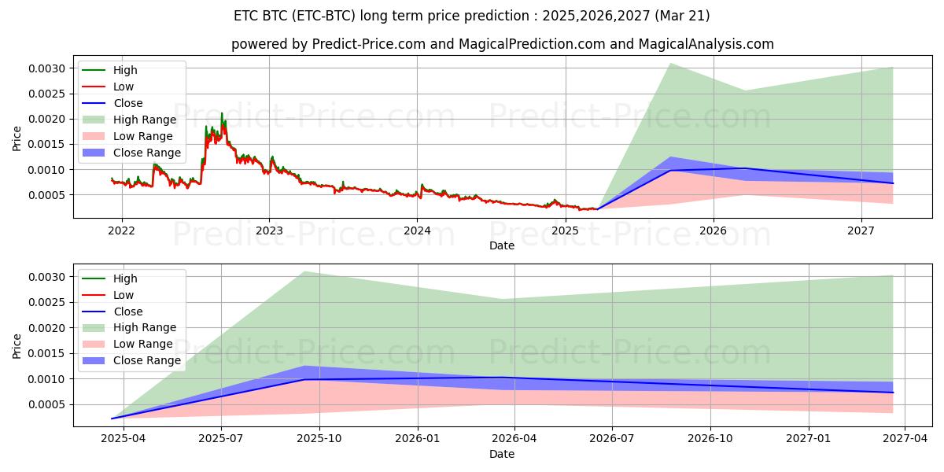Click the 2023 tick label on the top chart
(x=269, y=230)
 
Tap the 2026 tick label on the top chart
(x=713, y=230)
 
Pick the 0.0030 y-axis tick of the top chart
(x=48, y=69)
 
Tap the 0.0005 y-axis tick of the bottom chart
(x=48, y=405)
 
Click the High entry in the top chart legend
(x=125, y=70)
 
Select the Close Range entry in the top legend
(x=146, y=153)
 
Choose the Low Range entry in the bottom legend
(x=144, y=344)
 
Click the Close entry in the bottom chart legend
(x=128, y=312)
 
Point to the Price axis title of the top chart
(x=17, y=138)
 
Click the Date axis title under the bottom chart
(x=502, y=454)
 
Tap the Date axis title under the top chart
(x=502, y=245)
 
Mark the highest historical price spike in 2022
(x=222, y=113)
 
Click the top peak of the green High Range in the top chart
(x=669, y=63)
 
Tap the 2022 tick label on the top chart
(x=121, y=230)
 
